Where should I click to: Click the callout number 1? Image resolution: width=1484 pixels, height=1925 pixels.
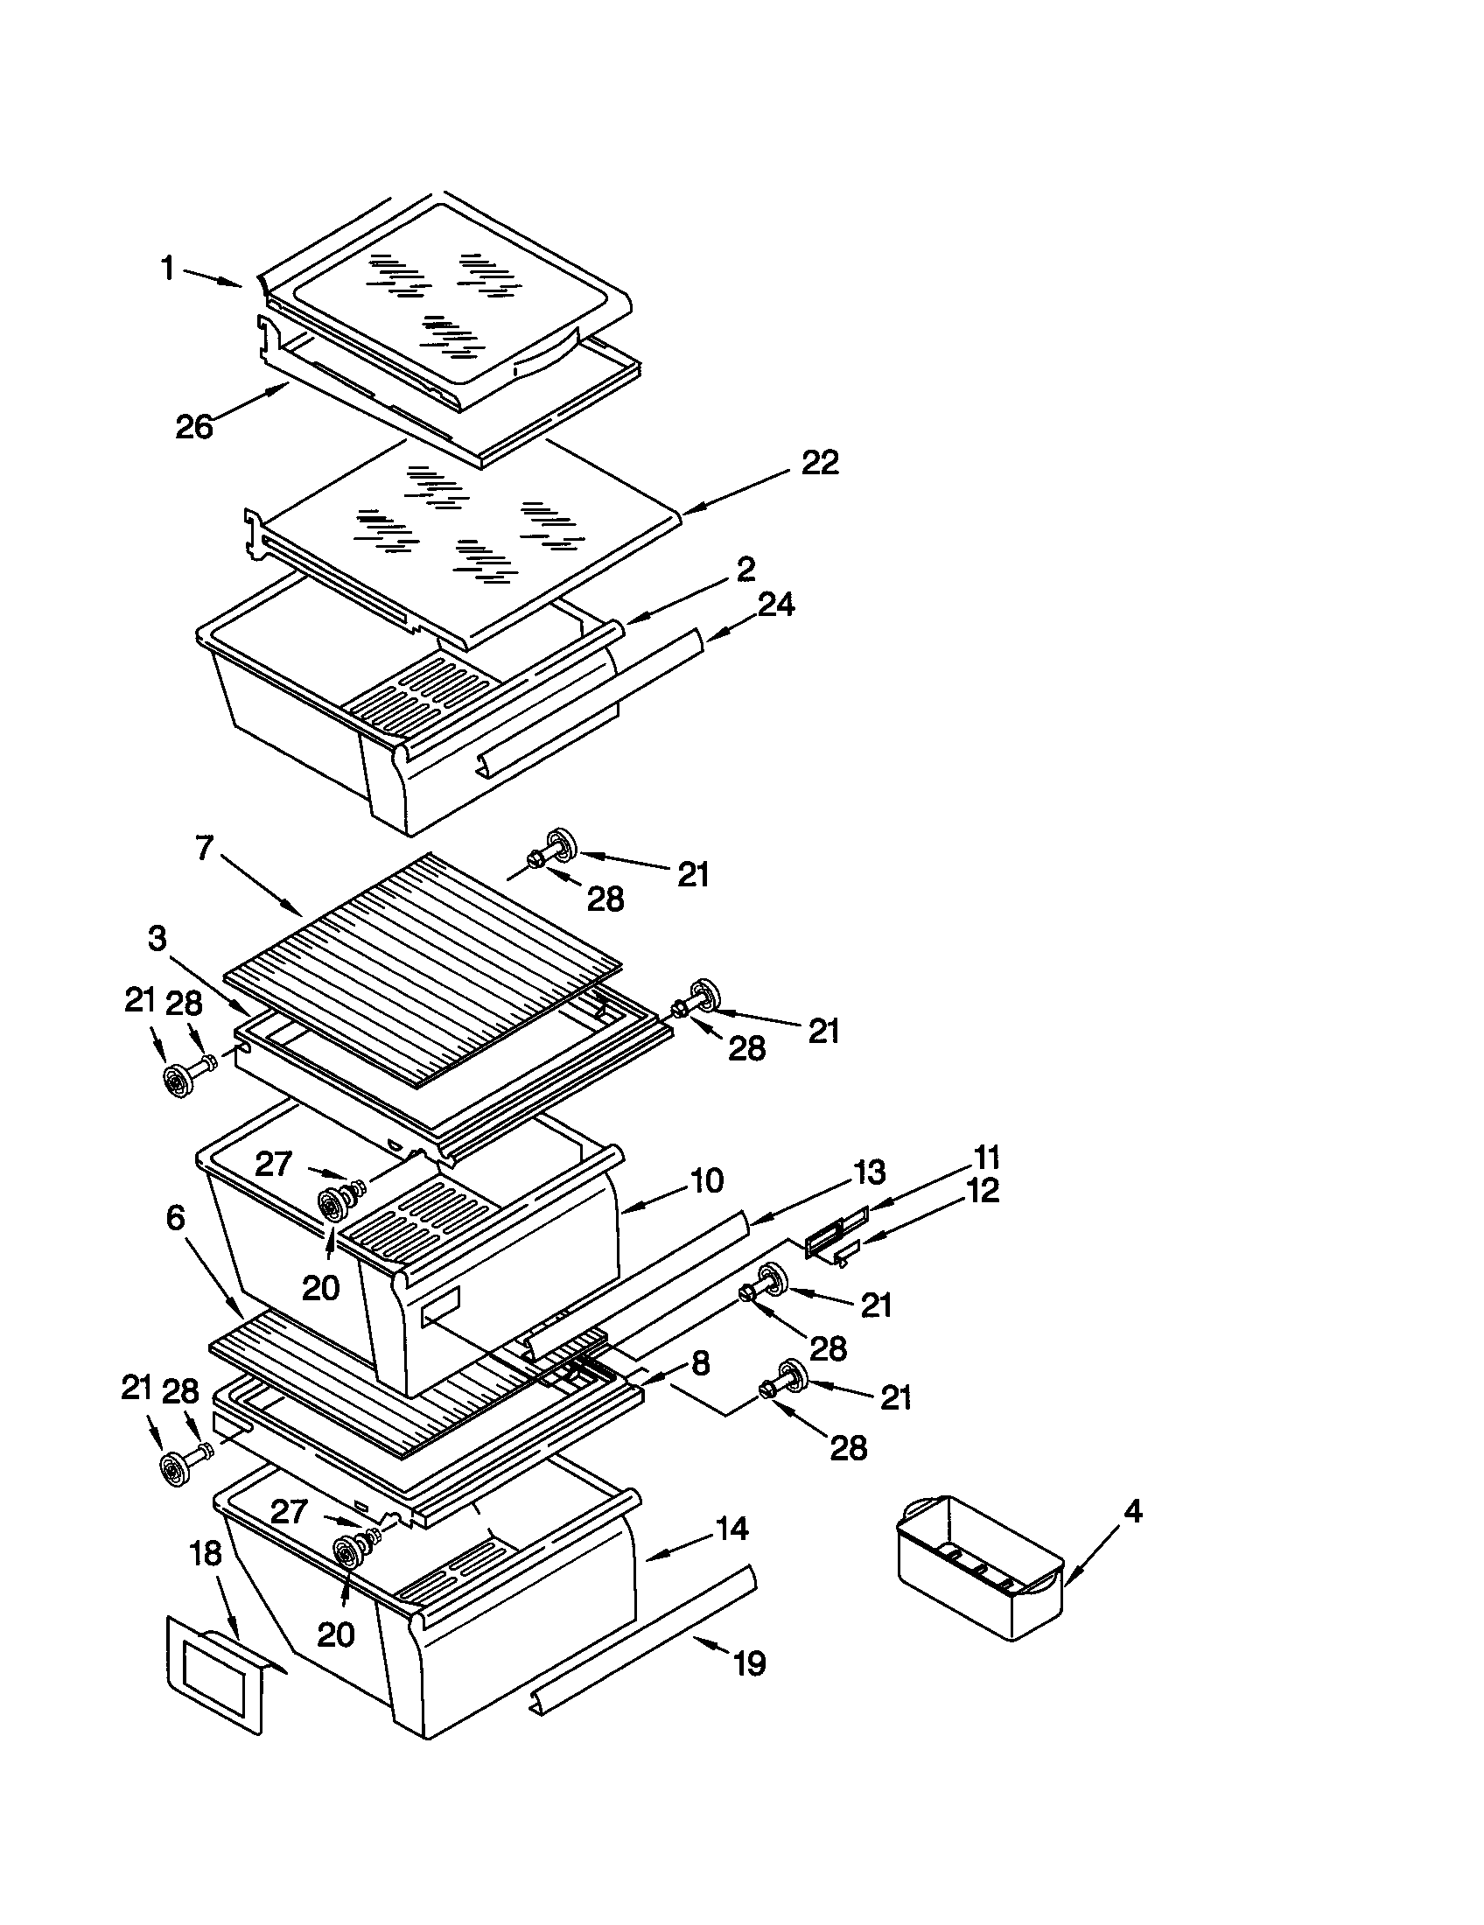[x=167, y=268]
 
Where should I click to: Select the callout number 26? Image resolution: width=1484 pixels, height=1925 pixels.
[x=194, y=427]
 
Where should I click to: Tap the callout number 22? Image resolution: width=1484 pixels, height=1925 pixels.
[x=820, y=463]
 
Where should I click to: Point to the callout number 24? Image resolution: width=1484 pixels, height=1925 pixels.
[x=775, y=605]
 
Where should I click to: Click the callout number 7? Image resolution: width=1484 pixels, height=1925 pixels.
[x=205, y=848]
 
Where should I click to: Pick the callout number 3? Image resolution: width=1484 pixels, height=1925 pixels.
[x=157, y=939]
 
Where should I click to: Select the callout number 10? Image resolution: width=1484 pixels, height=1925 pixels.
[x=706, y=1180]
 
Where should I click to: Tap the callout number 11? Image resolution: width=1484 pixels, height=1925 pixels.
[x=986, y=1157]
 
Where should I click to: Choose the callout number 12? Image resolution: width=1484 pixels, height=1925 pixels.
[x=983, y=1191]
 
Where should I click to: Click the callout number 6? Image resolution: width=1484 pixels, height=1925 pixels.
[x=175, y=1219]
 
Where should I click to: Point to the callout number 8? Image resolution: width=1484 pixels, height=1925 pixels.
[x=700, y=1363]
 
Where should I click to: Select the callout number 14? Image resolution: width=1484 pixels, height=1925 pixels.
[x=731, y=1529]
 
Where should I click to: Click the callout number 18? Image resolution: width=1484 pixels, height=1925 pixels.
[x=206, y=1554]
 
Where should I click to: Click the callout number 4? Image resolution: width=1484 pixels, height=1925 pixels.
[x=1133, y=1512]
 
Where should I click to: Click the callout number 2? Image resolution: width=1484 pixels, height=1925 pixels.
[x=745, y=569]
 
